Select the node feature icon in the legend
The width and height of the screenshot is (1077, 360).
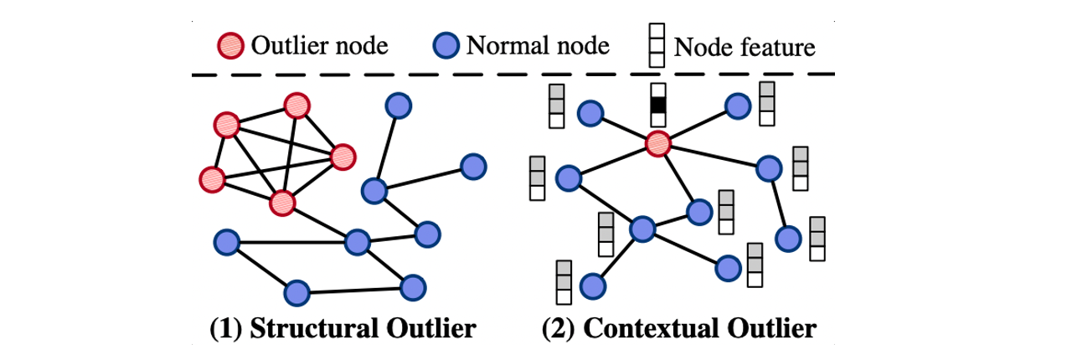pos(657,45)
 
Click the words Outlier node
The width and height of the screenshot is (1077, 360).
pos(319,45)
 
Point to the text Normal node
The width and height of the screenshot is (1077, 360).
pos(537,45)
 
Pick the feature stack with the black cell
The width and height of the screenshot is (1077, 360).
pos(659,105)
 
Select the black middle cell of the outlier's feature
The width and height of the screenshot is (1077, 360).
pos(659,105)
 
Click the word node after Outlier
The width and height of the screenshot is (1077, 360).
pos(364,45)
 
